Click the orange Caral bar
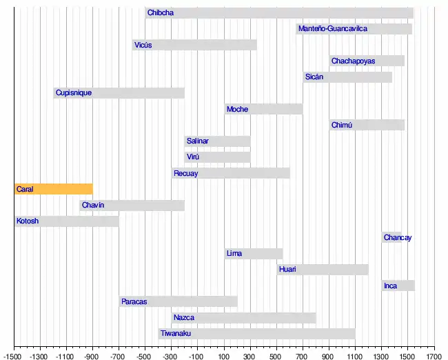click(54, 189)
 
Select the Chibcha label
click(161, 12)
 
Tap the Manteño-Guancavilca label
click(332, 29)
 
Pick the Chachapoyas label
click(353, 61)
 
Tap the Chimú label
click(342, 125)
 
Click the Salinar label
click(198, 141)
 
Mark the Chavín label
click(93, 205)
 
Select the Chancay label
click(398, 238)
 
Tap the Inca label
click(390, 286)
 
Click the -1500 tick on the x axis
click(14, 357)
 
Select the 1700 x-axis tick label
click(434, 357)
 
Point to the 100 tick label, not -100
click(224, 357)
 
